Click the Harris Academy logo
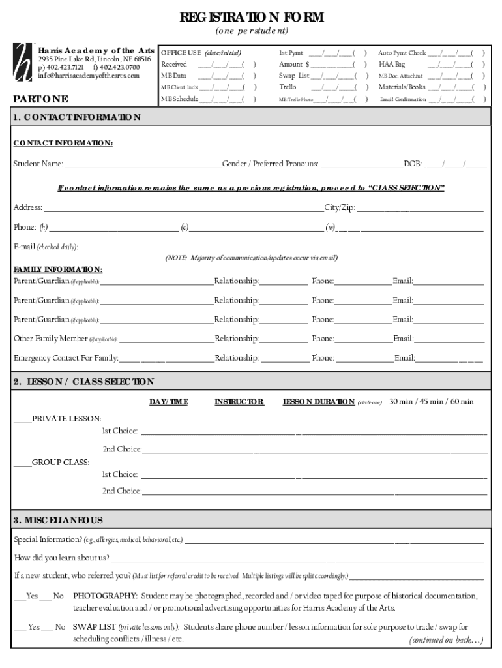(23, 63)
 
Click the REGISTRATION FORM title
(252, 17)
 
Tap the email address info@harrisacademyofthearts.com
(89, 76)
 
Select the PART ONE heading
(40, 99)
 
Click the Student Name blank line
(143, 164)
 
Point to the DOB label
(413, 164)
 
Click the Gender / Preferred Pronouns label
(271, 164)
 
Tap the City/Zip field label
(340, 207)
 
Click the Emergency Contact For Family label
(66, 357)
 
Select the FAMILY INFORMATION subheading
(58, 269)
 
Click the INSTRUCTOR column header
(239, 402)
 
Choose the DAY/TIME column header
(169, 402)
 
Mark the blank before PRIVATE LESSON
(23, 418)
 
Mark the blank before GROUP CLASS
(23, 462)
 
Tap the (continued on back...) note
(446, 640)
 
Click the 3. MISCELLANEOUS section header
(58, 520)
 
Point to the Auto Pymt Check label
(402, 53)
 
